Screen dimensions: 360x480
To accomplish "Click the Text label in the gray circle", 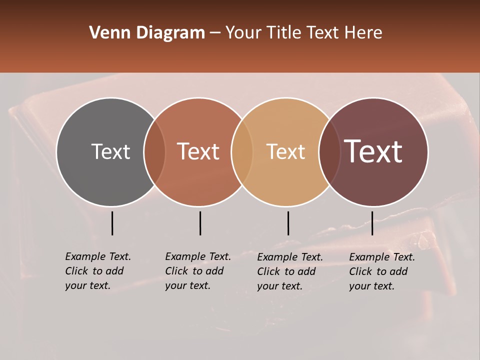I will point(110,151).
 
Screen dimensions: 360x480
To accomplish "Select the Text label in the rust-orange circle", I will point(198,151).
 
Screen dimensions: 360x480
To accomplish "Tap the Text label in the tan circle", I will point(285,151).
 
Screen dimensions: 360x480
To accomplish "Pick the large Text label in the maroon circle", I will point(373,151).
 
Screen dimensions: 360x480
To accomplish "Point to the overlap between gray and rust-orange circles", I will point(154,151).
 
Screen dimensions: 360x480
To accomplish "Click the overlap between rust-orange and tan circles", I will point(242,151).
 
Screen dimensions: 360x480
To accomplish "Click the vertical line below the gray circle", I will point(112,223).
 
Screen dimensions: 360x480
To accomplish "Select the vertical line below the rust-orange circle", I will point(200,223).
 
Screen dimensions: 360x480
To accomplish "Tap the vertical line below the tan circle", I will point(288,223).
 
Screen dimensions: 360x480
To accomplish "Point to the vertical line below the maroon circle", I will point(372,223).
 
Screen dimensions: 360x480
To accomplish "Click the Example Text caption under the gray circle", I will point(97,271).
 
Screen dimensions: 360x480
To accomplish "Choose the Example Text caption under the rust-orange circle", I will point(197,271).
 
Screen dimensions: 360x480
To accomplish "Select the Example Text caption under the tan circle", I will point(289,271).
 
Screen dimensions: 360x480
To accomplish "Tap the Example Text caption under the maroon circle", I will point(381,271).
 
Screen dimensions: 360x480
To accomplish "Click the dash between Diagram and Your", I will point(215,33).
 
